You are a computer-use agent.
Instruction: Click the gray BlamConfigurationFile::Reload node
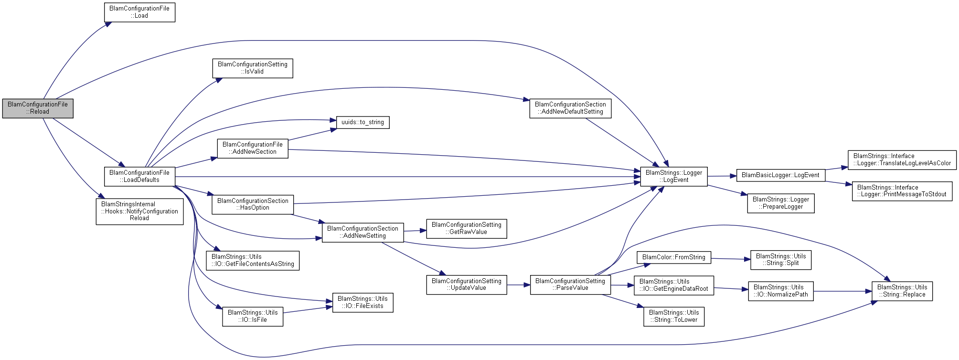[38, 108]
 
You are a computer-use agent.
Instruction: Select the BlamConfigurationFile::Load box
[139, 12]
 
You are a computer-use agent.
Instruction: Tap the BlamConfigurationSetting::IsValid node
[253, 68]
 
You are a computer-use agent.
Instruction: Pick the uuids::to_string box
[362, 122]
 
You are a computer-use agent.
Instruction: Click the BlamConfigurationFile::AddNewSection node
[253, 148]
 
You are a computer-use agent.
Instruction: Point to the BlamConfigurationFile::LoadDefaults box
[139, 176]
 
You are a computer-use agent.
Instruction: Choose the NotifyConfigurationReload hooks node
[139, 211]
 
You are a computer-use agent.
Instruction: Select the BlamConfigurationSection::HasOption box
[253, 204]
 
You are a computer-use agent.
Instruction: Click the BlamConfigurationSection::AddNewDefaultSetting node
[570, 108]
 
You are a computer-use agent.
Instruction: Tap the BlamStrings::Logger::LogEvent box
[673, 176]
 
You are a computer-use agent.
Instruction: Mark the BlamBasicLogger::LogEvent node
[780, 175]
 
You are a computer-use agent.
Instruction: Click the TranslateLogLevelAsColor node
[902, 159]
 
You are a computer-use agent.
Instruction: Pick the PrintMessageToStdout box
[902, 191]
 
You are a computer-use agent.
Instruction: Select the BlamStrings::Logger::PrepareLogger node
[780, 203]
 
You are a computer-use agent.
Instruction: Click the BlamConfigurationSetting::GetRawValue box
[466, 228]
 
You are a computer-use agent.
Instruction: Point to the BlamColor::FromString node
[673, 257]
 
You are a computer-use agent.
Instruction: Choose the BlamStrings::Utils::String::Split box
[780, 260]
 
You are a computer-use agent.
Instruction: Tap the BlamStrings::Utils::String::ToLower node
[673, 316]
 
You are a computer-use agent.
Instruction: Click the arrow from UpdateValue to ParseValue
[518, 285]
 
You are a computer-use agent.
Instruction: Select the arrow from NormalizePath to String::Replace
[842, 291]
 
